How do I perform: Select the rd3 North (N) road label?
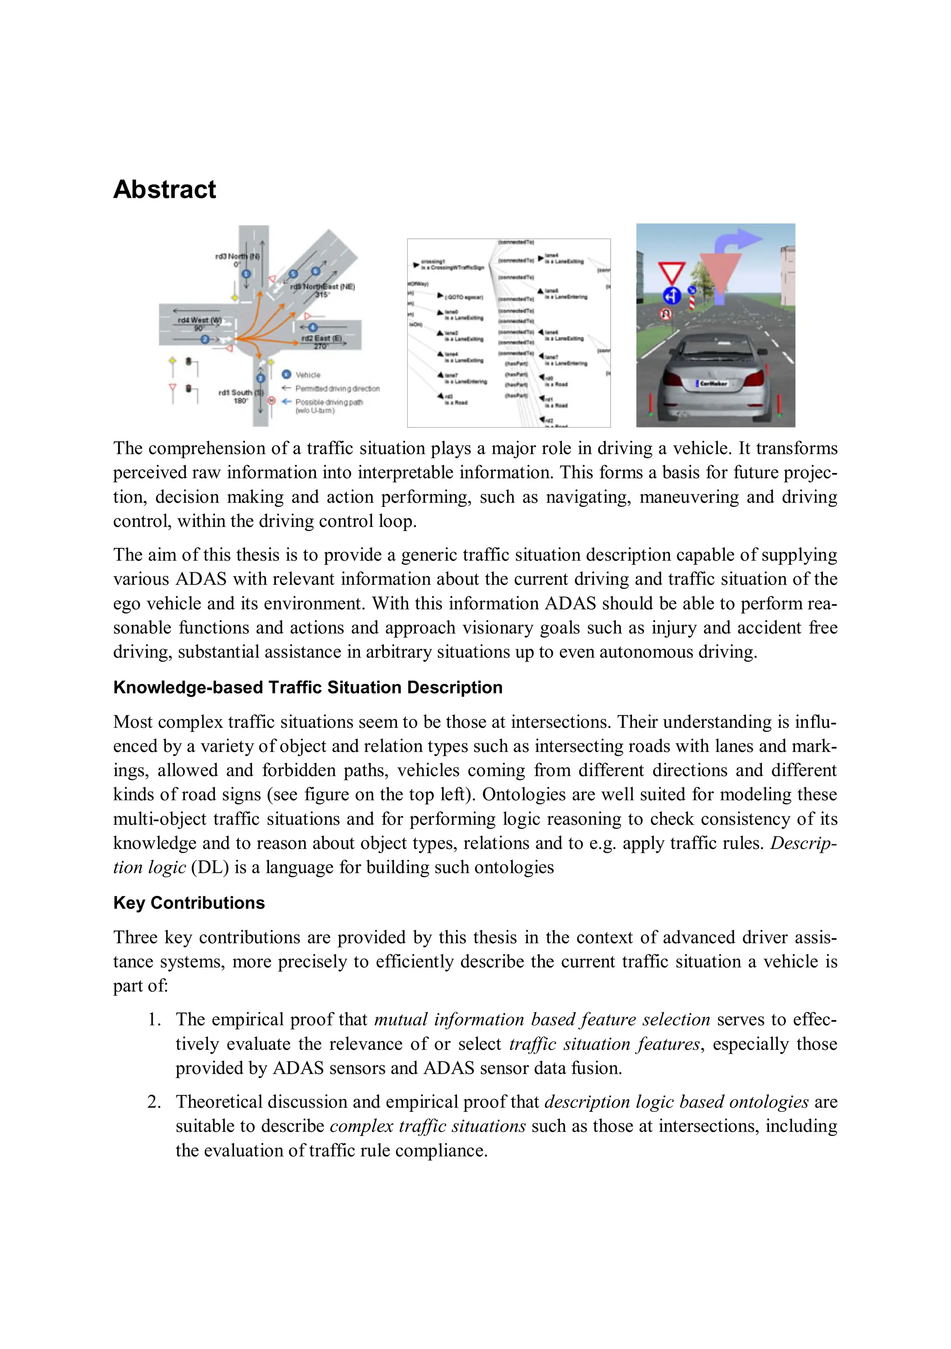(237, 256)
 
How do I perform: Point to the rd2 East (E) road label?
(321, 338)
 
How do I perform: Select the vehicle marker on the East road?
(313, 327)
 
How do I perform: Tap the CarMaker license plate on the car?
(712, 383)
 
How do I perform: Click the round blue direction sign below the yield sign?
(672, 296)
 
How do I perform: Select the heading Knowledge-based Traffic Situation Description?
(307, 687)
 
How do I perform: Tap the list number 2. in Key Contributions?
(154, 1102)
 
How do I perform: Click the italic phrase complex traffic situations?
(427, 1126)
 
